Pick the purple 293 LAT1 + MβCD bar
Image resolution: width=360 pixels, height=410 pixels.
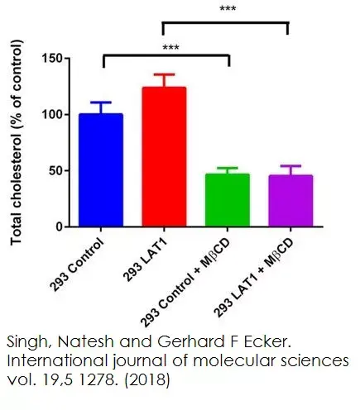[x=287, y=201]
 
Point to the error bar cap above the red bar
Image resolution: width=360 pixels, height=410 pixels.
[x=163, y=74]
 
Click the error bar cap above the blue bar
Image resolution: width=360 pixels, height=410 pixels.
[x=101, y=102]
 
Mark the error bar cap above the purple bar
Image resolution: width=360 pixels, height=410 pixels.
[x=287, y=165]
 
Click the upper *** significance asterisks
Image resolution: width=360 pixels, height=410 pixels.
[x=226, y=9]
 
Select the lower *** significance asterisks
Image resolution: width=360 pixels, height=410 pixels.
[x=170, y=47]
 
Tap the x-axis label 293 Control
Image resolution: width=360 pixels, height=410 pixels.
[x=82, y=257]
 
